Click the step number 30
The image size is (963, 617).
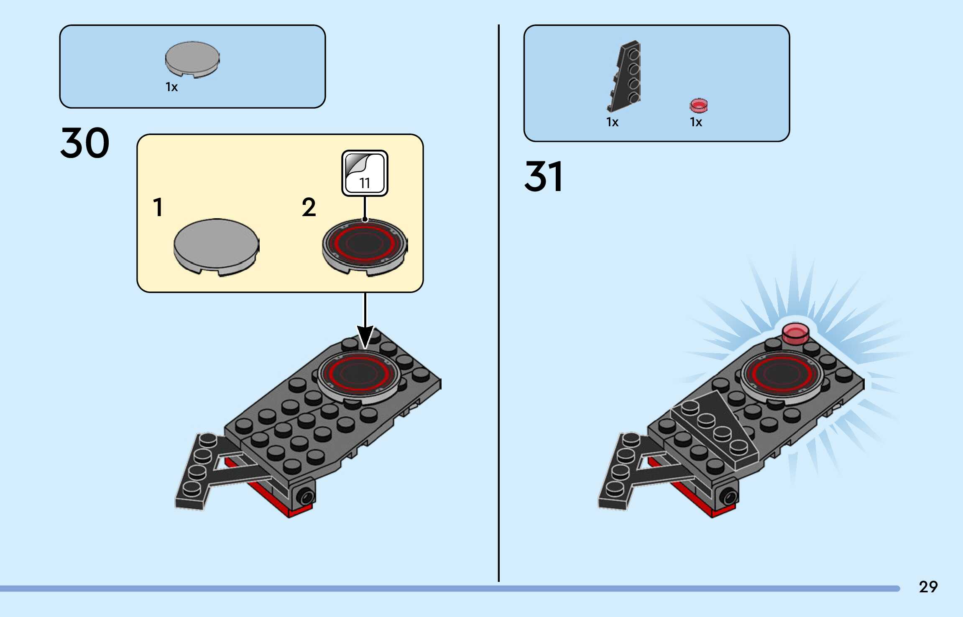[85, 143]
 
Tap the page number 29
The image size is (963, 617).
[928, 587]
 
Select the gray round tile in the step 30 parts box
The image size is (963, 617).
[192, 59]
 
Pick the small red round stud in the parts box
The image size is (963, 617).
[698, 105]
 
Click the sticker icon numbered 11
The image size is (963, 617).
[365, 173]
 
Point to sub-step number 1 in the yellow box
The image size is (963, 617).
[158, 207]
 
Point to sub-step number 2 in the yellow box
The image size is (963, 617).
[309, 207]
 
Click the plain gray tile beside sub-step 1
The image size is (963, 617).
[216, 246]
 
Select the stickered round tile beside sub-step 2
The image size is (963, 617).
[365, 246]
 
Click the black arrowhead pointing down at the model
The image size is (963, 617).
[365, 336]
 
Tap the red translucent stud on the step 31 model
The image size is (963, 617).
[795, 333]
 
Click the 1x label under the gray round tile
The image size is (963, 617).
[171, 87]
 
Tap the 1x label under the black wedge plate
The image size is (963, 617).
[612, 122]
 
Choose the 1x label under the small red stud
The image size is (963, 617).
[696, 122]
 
